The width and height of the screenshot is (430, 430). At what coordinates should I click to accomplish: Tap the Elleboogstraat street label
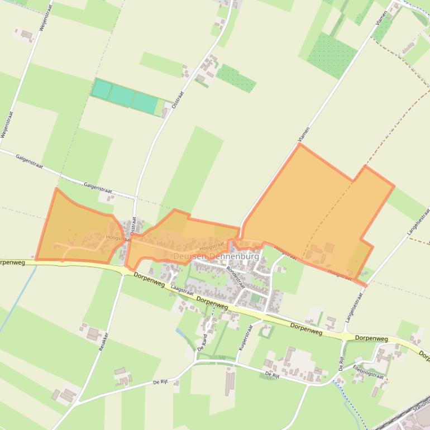point(370,372)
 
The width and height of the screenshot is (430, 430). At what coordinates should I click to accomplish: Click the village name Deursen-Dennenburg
point(216,256)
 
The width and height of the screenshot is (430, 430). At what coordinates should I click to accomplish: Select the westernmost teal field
point(101,89)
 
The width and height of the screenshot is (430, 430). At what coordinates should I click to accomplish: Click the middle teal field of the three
point(121,95)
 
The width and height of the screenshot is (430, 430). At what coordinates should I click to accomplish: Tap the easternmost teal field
point(144,103)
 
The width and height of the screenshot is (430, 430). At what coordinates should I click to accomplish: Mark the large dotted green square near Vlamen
point(332,54)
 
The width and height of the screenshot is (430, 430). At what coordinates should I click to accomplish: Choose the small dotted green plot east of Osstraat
point(236,78)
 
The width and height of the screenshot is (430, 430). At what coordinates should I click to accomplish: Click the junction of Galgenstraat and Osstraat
point(136,198)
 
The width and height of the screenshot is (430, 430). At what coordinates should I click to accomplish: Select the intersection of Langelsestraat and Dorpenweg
point(347,335)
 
